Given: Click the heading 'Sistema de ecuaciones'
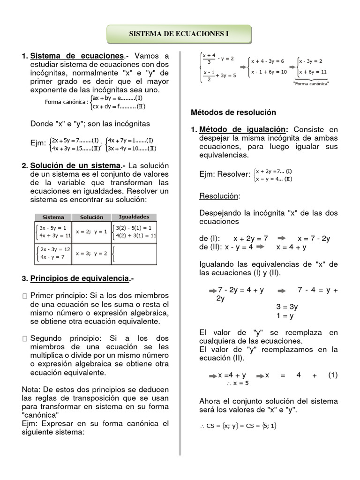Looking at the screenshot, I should coord(77,56).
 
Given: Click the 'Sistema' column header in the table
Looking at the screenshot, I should coord(53,217).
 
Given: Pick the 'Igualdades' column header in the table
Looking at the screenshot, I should coord(134,217).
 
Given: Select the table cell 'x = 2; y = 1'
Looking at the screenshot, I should coord(91,232).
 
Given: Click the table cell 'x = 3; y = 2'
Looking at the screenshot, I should coord(91,254).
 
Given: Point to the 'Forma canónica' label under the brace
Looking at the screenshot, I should coord(311,83).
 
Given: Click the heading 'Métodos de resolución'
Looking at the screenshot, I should coord(233,112).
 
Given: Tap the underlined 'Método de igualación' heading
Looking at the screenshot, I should coord(242,129).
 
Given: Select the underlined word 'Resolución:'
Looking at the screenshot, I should coord(219,195).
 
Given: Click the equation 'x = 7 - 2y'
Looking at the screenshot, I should coord(314,238).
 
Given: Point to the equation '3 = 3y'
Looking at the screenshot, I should coord(287,307).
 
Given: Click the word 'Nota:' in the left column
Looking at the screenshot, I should coord(31,390).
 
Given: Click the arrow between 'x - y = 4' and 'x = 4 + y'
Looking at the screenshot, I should coord(261,247).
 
